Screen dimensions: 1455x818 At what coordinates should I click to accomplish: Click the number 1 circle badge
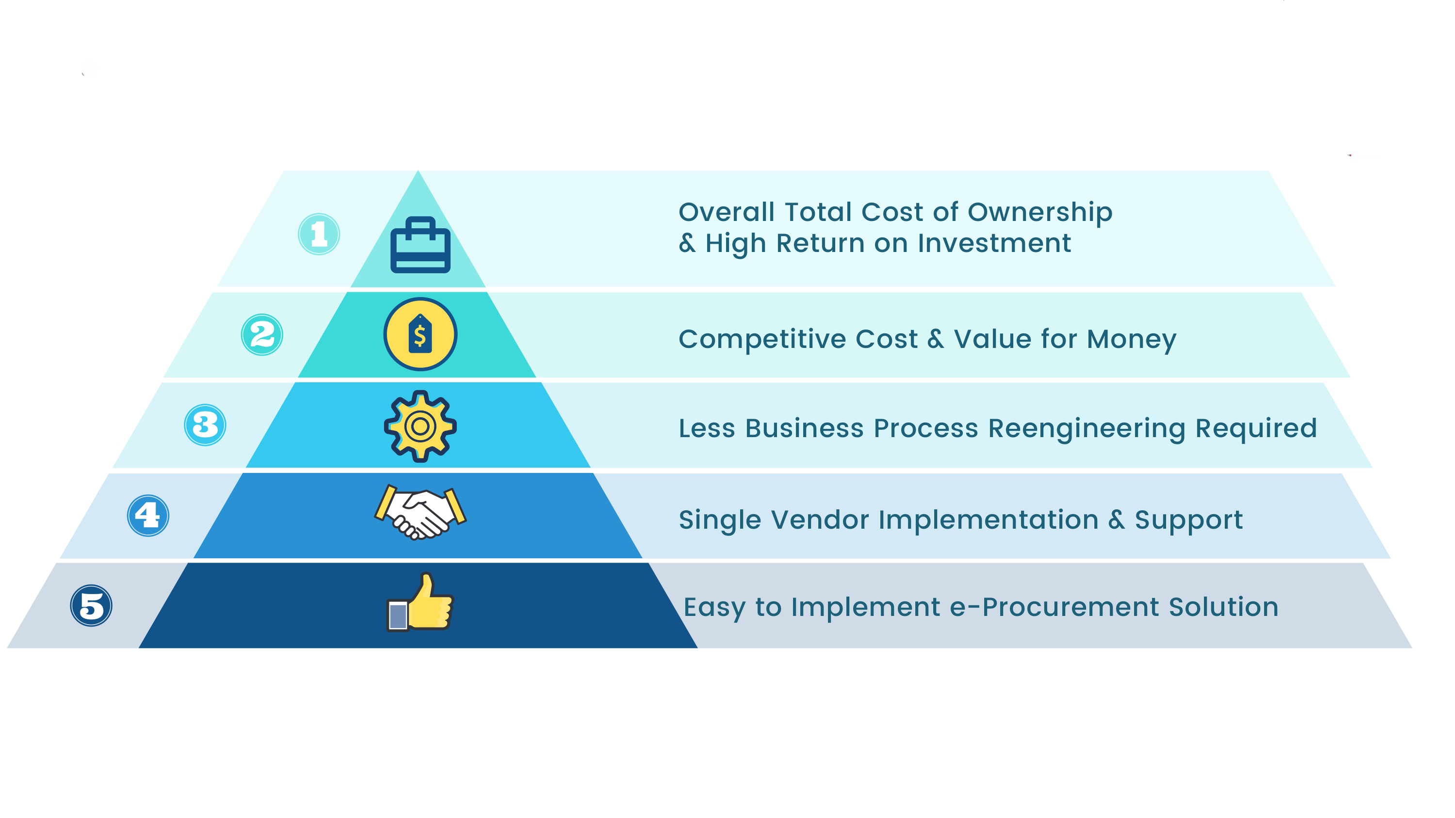319,234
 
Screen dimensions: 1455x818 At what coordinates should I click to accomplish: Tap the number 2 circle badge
262,335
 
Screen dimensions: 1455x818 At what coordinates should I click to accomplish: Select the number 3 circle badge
205,425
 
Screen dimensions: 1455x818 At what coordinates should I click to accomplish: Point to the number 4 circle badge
148,516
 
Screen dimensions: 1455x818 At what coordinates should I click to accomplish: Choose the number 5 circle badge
91,606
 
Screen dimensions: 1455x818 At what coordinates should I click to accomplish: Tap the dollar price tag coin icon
420,334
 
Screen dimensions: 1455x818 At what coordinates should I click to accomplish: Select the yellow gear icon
420,426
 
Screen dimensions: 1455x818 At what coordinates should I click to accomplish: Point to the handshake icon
420,512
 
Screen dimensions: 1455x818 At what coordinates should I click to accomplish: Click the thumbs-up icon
420,602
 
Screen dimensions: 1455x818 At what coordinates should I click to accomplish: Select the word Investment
994,243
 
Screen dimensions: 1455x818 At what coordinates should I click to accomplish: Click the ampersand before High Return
687,243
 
